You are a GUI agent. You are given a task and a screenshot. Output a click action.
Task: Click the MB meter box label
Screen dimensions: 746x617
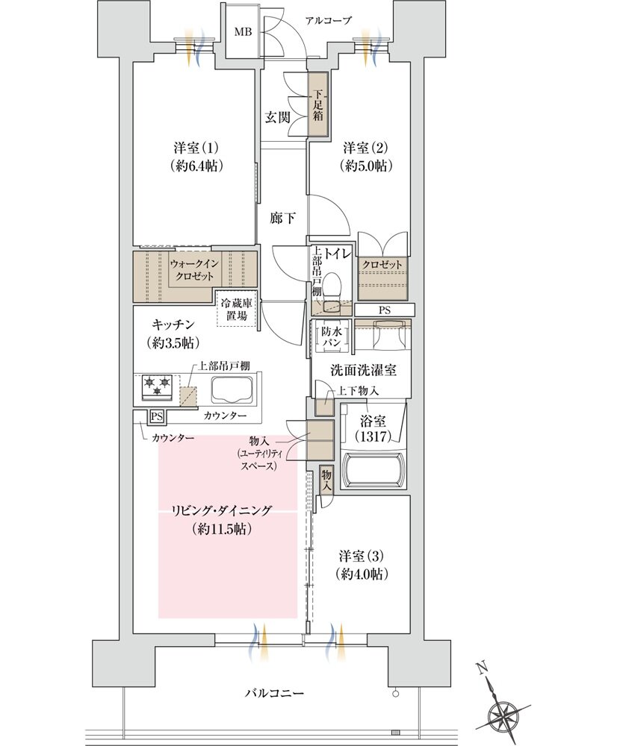[244, 32]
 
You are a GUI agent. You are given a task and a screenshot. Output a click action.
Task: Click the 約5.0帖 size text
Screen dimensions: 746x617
[366, 165]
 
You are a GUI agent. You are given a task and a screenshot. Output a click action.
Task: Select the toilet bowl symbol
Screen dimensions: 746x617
[334, 286]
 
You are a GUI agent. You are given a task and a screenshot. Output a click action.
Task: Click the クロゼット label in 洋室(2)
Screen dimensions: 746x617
[382, 265]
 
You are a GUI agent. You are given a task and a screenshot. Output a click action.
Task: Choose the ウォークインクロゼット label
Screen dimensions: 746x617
[193, 269]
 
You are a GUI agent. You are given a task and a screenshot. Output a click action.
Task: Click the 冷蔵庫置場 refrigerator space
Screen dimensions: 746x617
[236, 310]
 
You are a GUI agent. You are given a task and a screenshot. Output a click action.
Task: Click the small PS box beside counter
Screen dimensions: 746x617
[157, 416]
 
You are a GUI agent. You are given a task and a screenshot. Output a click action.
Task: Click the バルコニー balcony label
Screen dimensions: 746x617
[274, 693]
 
